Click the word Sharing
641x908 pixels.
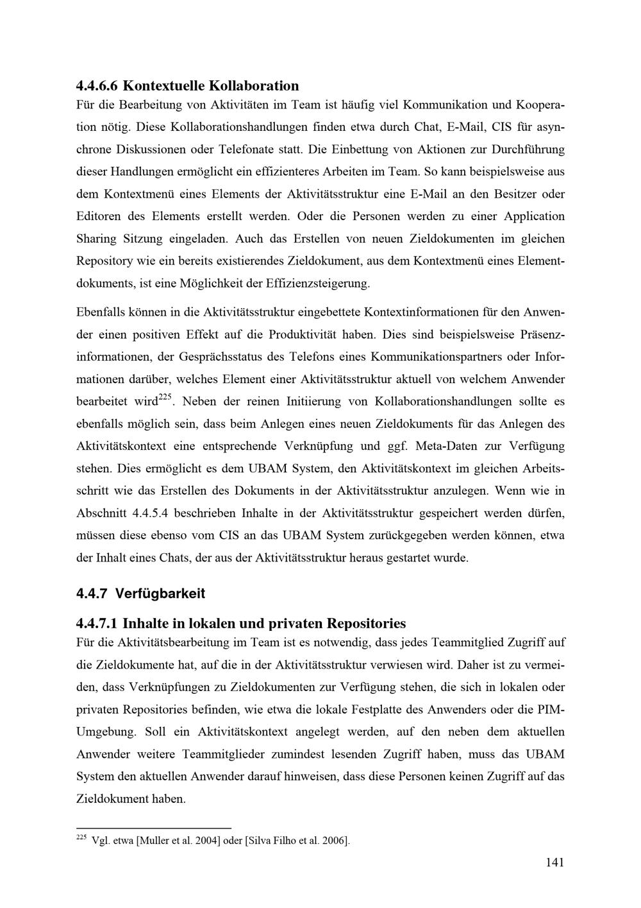click(96, 239)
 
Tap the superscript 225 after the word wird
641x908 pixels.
click(165, 398)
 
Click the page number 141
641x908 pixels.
click(555, 862)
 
